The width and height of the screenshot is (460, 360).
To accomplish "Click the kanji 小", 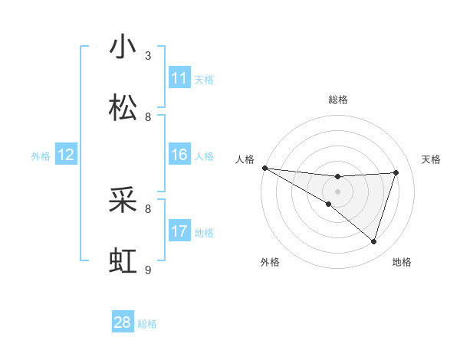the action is [x=123, y=47].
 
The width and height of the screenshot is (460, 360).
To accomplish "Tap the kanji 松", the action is [x=123, y=108].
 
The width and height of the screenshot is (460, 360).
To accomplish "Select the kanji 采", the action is [x=123, y=200].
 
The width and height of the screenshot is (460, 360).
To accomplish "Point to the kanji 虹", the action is [x=123, y=261].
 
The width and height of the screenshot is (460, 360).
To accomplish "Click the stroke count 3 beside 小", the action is [x=148, y=56].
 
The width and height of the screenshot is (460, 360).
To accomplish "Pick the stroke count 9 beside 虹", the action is [x=148, y=270].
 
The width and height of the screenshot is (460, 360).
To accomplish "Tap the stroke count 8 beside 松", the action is [x=148, y=117].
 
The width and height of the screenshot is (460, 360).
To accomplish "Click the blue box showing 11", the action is [x=179, y=78].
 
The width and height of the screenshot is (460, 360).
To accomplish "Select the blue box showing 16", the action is [x=179, y=155].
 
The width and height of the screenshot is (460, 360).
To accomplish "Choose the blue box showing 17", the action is [x=179, y=231].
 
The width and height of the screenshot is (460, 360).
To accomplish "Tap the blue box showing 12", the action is [x=66, y=155].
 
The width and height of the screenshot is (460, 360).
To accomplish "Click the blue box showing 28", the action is [x=123, y=322].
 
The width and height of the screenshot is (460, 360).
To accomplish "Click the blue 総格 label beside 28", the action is [x=147, y=324].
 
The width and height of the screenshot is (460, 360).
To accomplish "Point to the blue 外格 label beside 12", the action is [x=41, y=156].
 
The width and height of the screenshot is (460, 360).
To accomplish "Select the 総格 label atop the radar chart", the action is [x=338, y=100].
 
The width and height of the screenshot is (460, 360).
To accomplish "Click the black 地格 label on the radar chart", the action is [x=402, y=263].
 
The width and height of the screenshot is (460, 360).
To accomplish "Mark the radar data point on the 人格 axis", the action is [x=264, y=168].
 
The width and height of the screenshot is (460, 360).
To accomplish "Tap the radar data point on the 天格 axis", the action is [x=396, y=172].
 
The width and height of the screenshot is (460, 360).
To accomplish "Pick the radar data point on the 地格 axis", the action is [x=374, y=242].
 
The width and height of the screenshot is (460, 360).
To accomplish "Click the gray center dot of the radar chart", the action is [x=337, y=191].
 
